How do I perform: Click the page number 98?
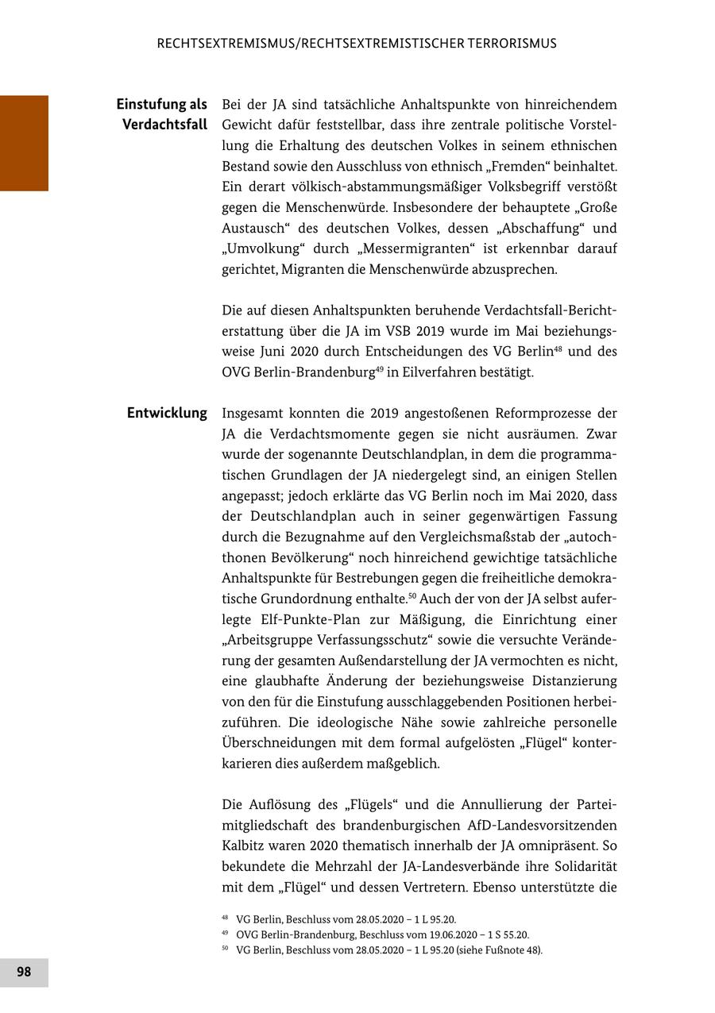click(24, 972)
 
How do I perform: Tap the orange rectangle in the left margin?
click(24, 143)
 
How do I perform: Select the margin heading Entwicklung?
click(167, 413)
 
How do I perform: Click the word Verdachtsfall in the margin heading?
click(165, 125)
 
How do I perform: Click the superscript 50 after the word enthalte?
click(412, 595)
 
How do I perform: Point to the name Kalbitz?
click(246, 845)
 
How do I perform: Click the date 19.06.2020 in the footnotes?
click(440, 934)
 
